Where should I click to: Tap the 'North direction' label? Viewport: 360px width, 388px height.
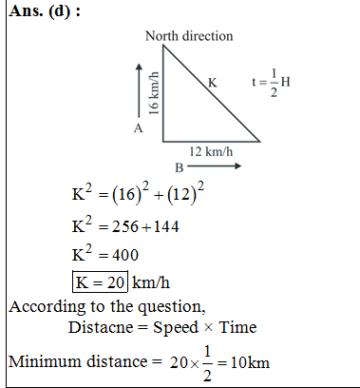tap(189, 36)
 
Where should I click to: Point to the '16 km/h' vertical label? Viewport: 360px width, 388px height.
tap(153, 95)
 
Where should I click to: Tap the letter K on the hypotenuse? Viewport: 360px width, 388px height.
tap(212, 84)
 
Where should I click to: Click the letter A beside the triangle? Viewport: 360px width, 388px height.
tap(138, 127)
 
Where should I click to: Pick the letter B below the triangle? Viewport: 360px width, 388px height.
tap(179, 166)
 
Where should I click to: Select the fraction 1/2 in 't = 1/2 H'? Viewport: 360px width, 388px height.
tap(275, 82)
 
